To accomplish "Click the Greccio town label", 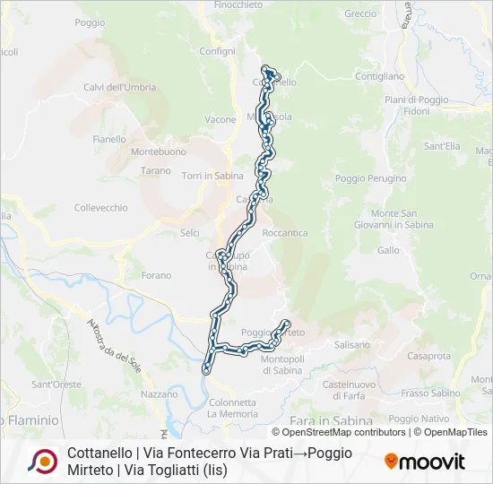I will coord(360,13).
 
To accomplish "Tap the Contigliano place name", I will coord(380,76).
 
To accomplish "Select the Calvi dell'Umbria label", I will coord(119,87).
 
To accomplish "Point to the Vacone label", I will coord(221,119).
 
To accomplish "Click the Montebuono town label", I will coord(133,151).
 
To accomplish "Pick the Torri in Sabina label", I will coord(208,176).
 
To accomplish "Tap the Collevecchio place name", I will coord(100,207).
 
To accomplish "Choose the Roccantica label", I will coord(285,232).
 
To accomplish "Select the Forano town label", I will coord(156,275).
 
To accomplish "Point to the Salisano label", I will coord(351,344).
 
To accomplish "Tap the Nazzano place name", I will coord(160,393).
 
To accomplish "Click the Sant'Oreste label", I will coord(56,385).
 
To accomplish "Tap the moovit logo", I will coord(425,462).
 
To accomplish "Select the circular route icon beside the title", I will coord(42,461).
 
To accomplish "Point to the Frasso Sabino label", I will coord(430,393).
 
